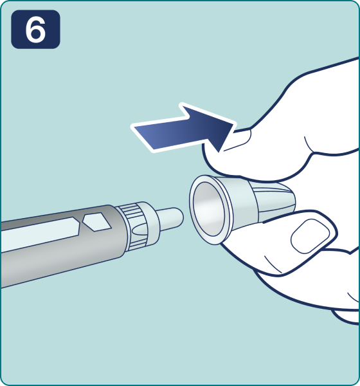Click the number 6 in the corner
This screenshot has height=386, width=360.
tap(36, 30)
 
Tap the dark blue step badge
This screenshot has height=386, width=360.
tap(35, 30)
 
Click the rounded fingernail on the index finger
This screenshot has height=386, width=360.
tap(310, 236)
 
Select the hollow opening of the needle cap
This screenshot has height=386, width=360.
tap(209, 209)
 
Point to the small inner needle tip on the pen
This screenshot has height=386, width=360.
tap(170, 219)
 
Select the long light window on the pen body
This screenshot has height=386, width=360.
tap(40, 235)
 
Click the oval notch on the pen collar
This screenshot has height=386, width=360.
tap(139, 230)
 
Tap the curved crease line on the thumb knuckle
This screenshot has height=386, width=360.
tap(310, 145)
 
